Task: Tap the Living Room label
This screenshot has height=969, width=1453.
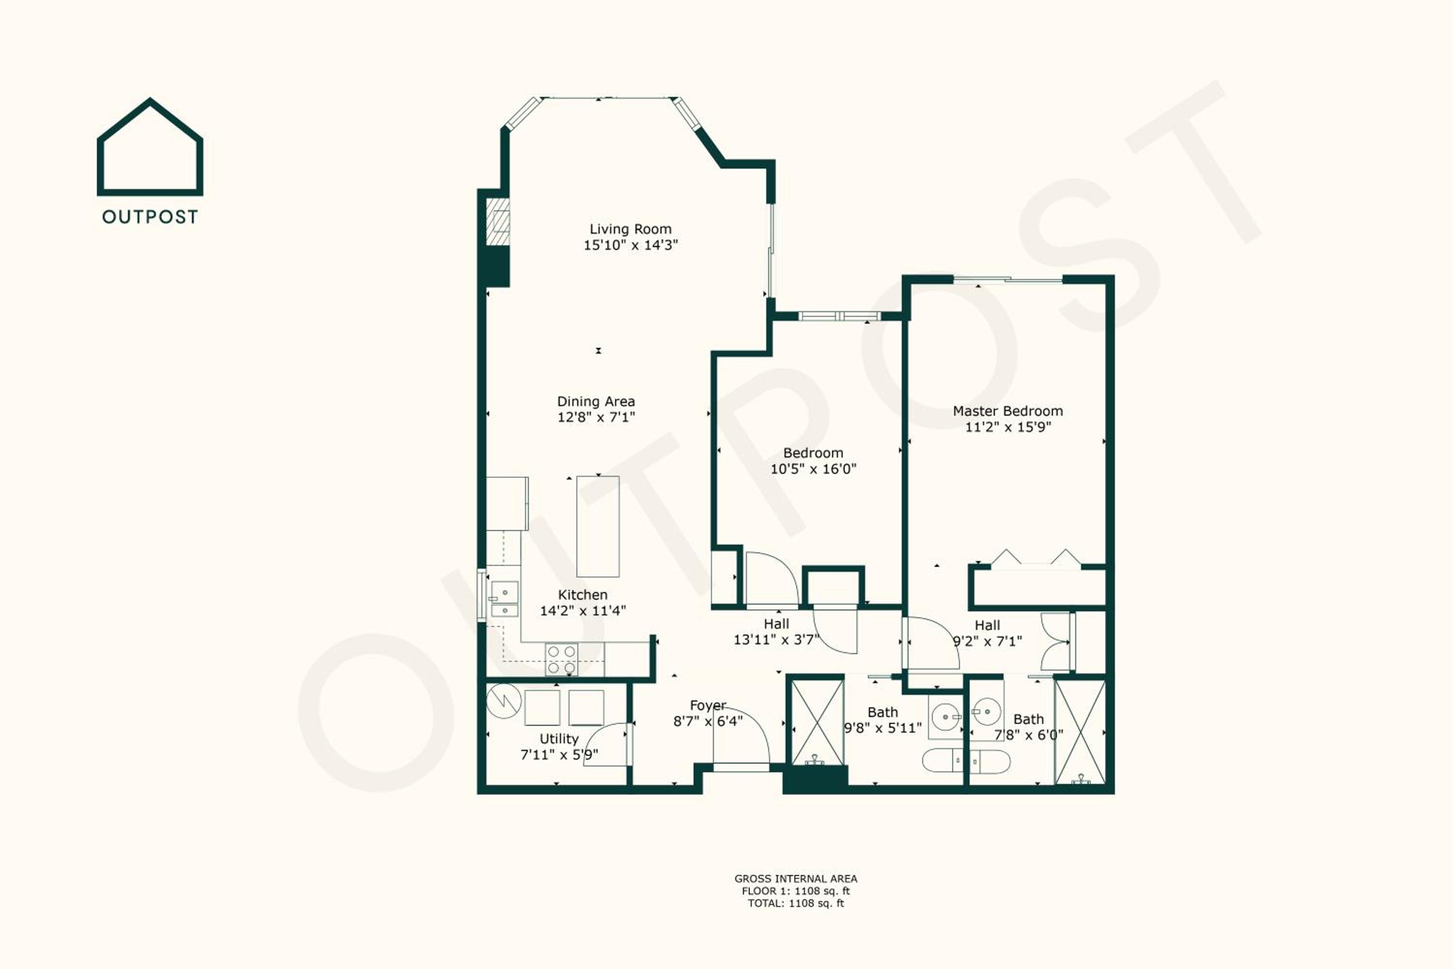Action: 630,229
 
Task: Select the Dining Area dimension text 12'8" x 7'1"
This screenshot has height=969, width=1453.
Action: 596,417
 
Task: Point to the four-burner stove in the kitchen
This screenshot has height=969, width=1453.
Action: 561,659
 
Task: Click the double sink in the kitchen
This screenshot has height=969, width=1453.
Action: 505,599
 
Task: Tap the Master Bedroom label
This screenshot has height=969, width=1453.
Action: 1007,411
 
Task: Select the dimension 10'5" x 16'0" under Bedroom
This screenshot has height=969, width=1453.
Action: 813,469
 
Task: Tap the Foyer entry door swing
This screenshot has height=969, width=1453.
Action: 742,735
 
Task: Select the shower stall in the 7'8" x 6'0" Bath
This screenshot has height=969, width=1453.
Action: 1080,732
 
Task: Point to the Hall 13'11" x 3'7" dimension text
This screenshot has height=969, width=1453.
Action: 776,640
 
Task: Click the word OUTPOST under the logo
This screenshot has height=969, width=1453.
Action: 150,217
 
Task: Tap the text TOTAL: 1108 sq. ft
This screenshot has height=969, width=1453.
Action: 796,903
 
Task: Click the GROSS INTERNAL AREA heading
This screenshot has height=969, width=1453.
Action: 796,878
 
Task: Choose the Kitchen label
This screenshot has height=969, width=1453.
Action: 583,594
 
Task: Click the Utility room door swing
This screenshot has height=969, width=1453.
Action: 605,744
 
